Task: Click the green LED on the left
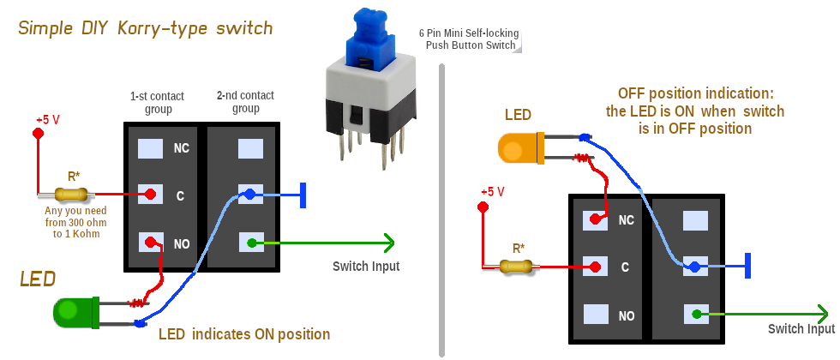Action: click(75, 312)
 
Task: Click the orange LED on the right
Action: click(518, 147)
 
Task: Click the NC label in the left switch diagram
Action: click(181, 147)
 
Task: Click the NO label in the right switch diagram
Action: click(626, 315)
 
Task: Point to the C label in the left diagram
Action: click(180, 195)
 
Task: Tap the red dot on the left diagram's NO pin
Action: click(150, 243)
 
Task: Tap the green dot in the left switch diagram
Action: click(250, 243)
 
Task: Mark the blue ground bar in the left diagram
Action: click(304, 195)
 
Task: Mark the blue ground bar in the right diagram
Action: click(748, 266)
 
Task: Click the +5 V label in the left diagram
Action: click(48, 119)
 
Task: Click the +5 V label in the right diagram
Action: click(494, 191)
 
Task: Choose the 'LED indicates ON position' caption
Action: click(244, 333)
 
